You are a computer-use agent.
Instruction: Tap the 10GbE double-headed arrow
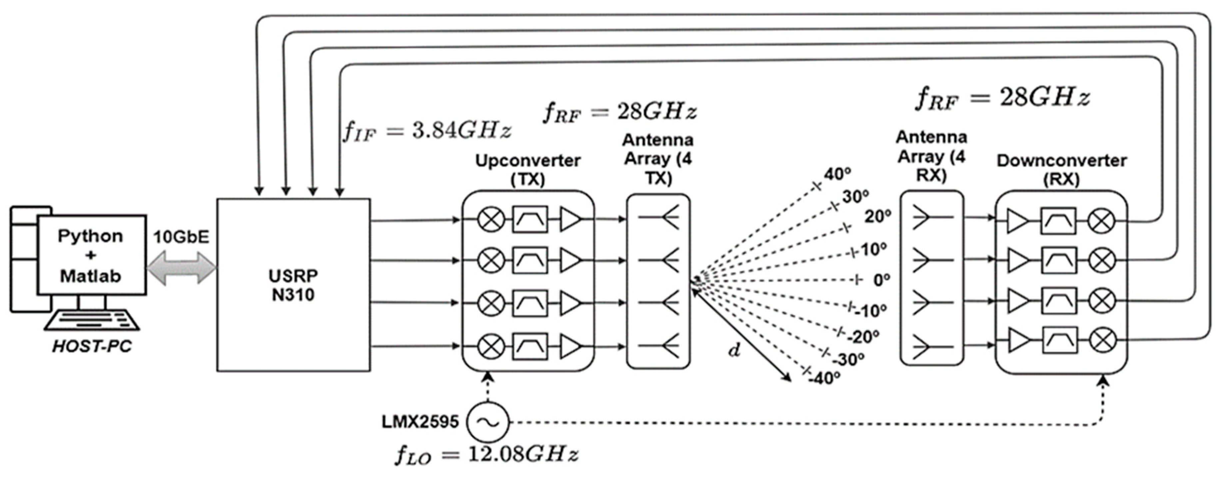tap(181, 268)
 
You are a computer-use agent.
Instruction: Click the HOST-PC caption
tap(92, 346)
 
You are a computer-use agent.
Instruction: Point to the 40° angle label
tap(837, 174)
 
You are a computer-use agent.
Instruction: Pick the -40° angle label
tap(825, 378)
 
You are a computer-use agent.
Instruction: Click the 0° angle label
tap(882, 280)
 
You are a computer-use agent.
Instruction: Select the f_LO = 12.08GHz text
tap(487, 455)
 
